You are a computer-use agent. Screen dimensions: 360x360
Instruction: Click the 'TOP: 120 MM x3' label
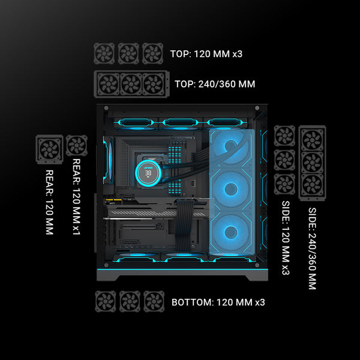click(x=206, y=54)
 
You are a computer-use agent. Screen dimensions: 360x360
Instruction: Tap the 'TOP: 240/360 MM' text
click(x=215, y=84)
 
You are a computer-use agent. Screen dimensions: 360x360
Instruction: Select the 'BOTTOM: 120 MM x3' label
click(x=218, y=302)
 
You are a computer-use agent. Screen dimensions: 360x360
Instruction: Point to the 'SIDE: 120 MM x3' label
click(x=286, y=238)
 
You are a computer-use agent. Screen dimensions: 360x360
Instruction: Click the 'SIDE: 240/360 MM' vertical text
click(x=312, y=248)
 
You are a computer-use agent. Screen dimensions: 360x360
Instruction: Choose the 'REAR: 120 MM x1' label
click(x=76, y=197)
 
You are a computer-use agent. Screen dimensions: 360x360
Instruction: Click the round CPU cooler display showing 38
click(x=148, y=172)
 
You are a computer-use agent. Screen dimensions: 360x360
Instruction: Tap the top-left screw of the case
click(x=106, y=108)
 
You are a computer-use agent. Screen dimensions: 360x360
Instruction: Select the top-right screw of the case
click(x=257, y=108)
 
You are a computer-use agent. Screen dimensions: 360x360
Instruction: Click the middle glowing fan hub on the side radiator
click(x=231, y=189)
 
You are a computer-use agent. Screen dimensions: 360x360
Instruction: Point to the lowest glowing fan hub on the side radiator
click(x=231, y=232)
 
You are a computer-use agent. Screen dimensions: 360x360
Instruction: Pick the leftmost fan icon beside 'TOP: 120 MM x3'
click(x=104, y=53)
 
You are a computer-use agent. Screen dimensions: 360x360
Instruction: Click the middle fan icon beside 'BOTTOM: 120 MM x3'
click(x=130, y=301)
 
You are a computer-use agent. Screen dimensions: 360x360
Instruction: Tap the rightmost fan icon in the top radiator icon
click(x=154, y=84)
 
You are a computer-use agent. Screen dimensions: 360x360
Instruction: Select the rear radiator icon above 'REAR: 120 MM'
click(x=49, y=149)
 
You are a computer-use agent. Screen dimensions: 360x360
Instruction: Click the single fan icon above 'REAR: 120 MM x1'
click(x=77, y=145)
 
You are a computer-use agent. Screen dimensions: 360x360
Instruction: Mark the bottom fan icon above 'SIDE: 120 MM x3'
click(x=284, y=184)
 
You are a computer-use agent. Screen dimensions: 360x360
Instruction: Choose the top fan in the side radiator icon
click(x=312, y=140)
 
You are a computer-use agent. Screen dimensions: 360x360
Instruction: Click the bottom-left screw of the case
click(x=106, y=265)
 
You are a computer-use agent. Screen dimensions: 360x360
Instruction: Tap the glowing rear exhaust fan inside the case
click(x=109, y=160)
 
